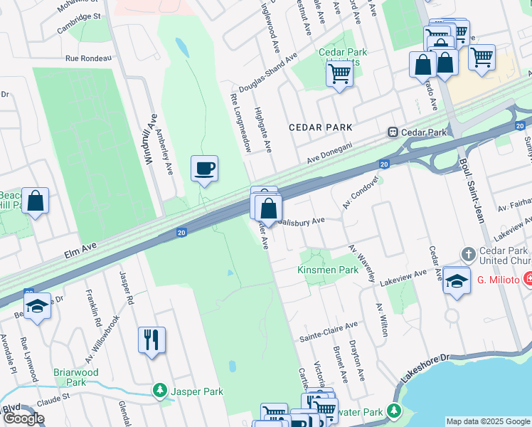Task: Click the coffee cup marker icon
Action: (x=204, y=169)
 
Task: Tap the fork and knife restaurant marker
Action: (x=151, y=339)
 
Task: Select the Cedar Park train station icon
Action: (x=392, y=132)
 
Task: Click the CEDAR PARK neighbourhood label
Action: (x=320, y=127)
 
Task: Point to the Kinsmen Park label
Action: (x=327, y=270)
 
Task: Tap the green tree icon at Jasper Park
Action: (x=161, y=391)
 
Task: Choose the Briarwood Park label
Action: (x=75, y=377)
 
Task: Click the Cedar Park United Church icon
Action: (x=468, y=254)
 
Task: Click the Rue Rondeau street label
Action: (x=88, y=58)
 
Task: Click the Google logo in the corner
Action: (x=23, y=418)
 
